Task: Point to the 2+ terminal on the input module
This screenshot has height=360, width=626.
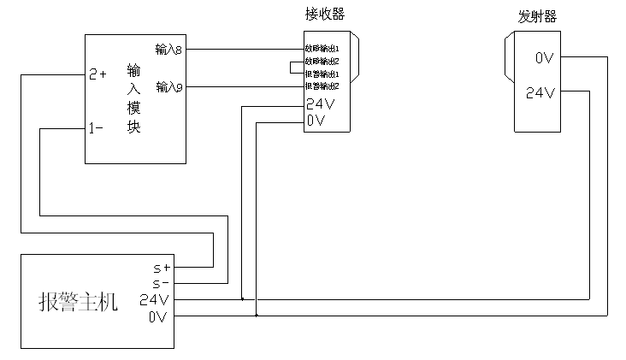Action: pos(97,74)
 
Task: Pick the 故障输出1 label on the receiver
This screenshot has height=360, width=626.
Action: pos(322,49)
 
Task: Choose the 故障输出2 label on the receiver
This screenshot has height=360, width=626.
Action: pos(322,62)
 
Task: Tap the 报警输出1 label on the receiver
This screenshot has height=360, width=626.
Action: pos(322,74)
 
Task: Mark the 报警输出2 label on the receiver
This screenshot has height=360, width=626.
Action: pos(322,86)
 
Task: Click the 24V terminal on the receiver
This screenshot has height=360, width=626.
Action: pos(318,104)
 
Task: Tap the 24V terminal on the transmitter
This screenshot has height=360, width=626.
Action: pos(540,92)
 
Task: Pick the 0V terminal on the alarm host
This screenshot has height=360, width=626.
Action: pos(157,316)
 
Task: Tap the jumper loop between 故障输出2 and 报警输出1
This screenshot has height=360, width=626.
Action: pos(292,68)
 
